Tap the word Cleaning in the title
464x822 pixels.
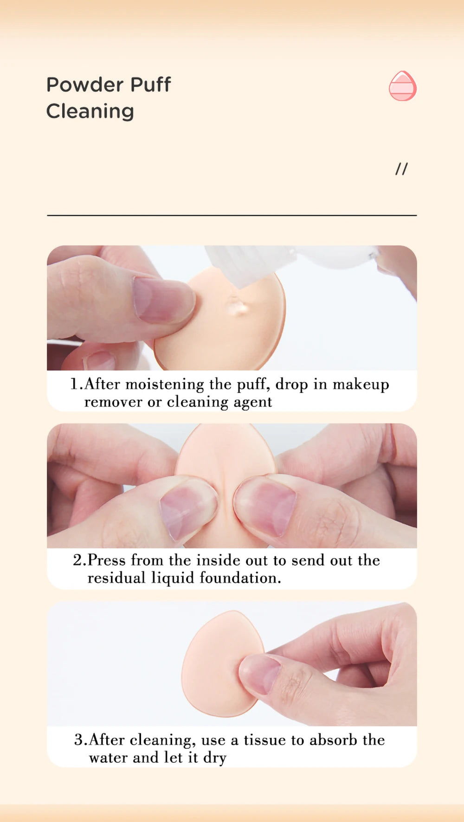pyautogui.click(x=90, y=111)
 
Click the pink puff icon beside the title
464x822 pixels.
pyautogui.click(x=402, y=86)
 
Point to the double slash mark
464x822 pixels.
pyautogui.click(x=401, y=169)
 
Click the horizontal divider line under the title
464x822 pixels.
pyautogui.click(x=232, y=215)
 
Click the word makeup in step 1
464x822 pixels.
pyautogui.click(x=361, y=385)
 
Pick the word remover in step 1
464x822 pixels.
pyautogui.click(x=113, y=402)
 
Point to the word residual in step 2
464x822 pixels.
pyautogui.click(x=116, y=578)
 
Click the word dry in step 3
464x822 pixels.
pyautogui.click(x=214, y=758)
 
